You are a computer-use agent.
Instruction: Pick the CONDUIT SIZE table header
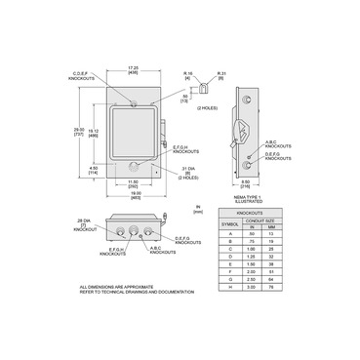pyautogui.click(x=265, y=220)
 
